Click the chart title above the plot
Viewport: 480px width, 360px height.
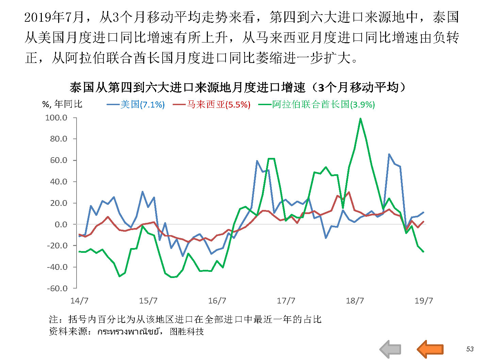238,88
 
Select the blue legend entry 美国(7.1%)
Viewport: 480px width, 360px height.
136,104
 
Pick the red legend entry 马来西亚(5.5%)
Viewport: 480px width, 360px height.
212,104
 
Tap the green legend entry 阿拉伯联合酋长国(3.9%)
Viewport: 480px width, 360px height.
317,104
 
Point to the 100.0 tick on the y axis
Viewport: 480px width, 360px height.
56,118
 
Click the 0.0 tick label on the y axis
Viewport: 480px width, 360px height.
61,225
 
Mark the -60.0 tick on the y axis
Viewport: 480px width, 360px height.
57,289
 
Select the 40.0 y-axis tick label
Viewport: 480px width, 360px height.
59,182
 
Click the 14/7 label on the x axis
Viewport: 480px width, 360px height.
79,301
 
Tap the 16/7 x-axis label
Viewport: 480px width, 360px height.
217,301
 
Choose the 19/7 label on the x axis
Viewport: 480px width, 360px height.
424,301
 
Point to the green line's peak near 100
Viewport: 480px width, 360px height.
360,119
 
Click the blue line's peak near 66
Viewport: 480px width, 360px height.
389,154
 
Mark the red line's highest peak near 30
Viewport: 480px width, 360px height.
349,192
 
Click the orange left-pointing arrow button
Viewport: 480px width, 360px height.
430,349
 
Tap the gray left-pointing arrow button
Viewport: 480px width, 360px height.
391,349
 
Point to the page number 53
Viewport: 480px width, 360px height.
470,349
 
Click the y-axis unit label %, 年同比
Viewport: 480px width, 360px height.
62,104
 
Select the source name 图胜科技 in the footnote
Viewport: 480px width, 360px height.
187,331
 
